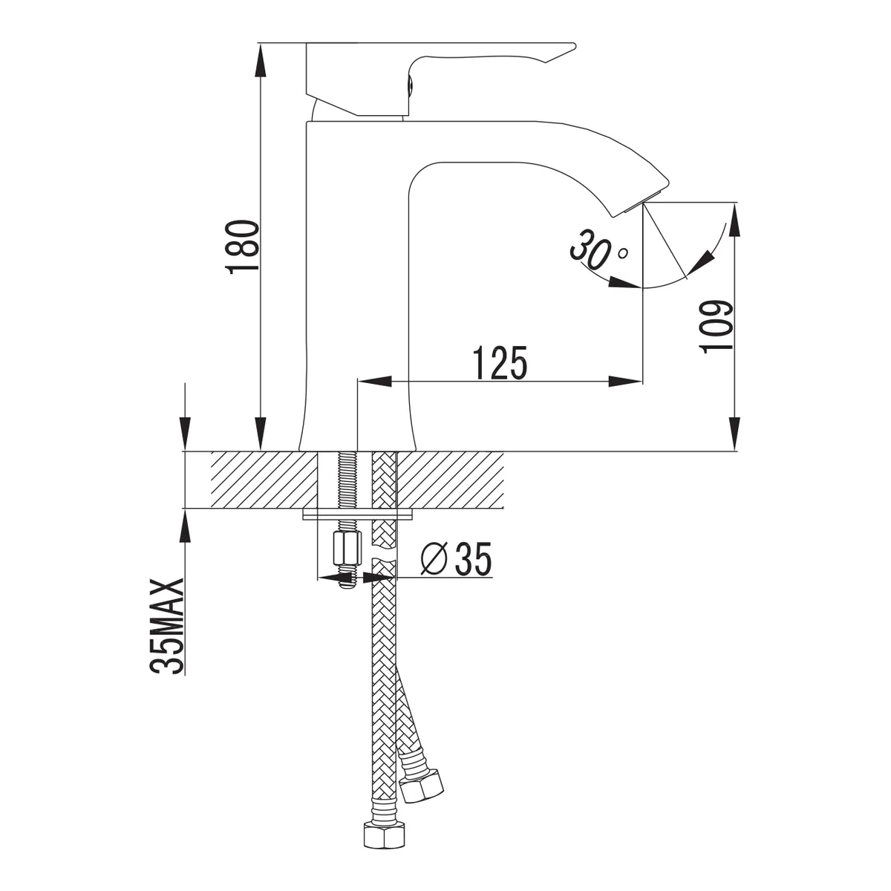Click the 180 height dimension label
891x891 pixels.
coord(241,247)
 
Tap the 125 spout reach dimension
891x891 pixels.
coord(500,362)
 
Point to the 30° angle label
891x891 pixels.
coord(598,250)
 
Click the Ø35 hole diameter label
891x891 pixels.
coord(456,559)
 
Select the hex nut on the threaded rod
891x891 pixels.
coord(347,548)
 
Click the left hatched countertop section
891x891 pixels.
coord(264,480)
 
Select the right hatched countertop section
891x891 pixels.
coord(451,480)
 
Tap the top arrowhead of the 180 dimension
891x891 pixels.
coord(261,60)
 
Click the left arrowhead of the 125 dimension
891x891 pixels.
coord(374,381)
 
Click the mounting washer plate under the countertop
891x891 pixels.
coord(358,514)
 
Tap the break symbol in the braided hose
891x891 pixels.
coord(384,556)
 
